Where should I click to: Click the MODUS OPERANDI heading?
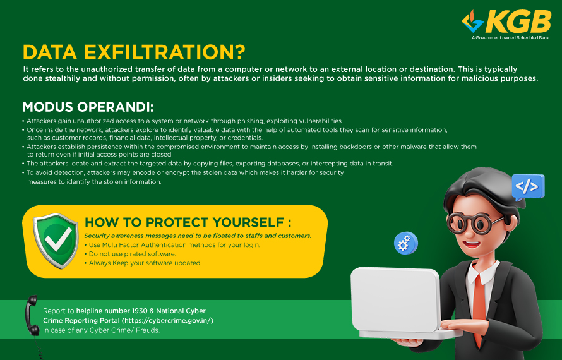pos(88,107)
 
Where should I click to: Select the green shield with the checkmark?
pos(56,240)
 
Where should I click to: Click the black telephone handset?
pos(32,316)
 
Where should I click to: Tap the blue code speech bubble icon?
pos(528,187)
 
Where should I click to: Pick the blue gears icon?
pos(406,243)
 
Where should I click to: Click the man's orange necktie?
pos(479,305)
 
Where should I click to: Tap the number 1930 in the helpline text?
pos(140,311)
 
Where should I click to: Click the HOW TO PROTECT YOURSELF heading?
pos(188,222)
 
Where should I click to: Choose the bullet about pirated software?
pos(130,254)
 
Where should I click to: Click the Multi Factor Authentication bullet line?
pos(172,245)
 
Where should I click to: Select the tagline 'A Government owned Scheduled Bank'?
pos(510,38)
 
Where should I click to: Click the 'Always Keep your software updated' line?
pos(143,263)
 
